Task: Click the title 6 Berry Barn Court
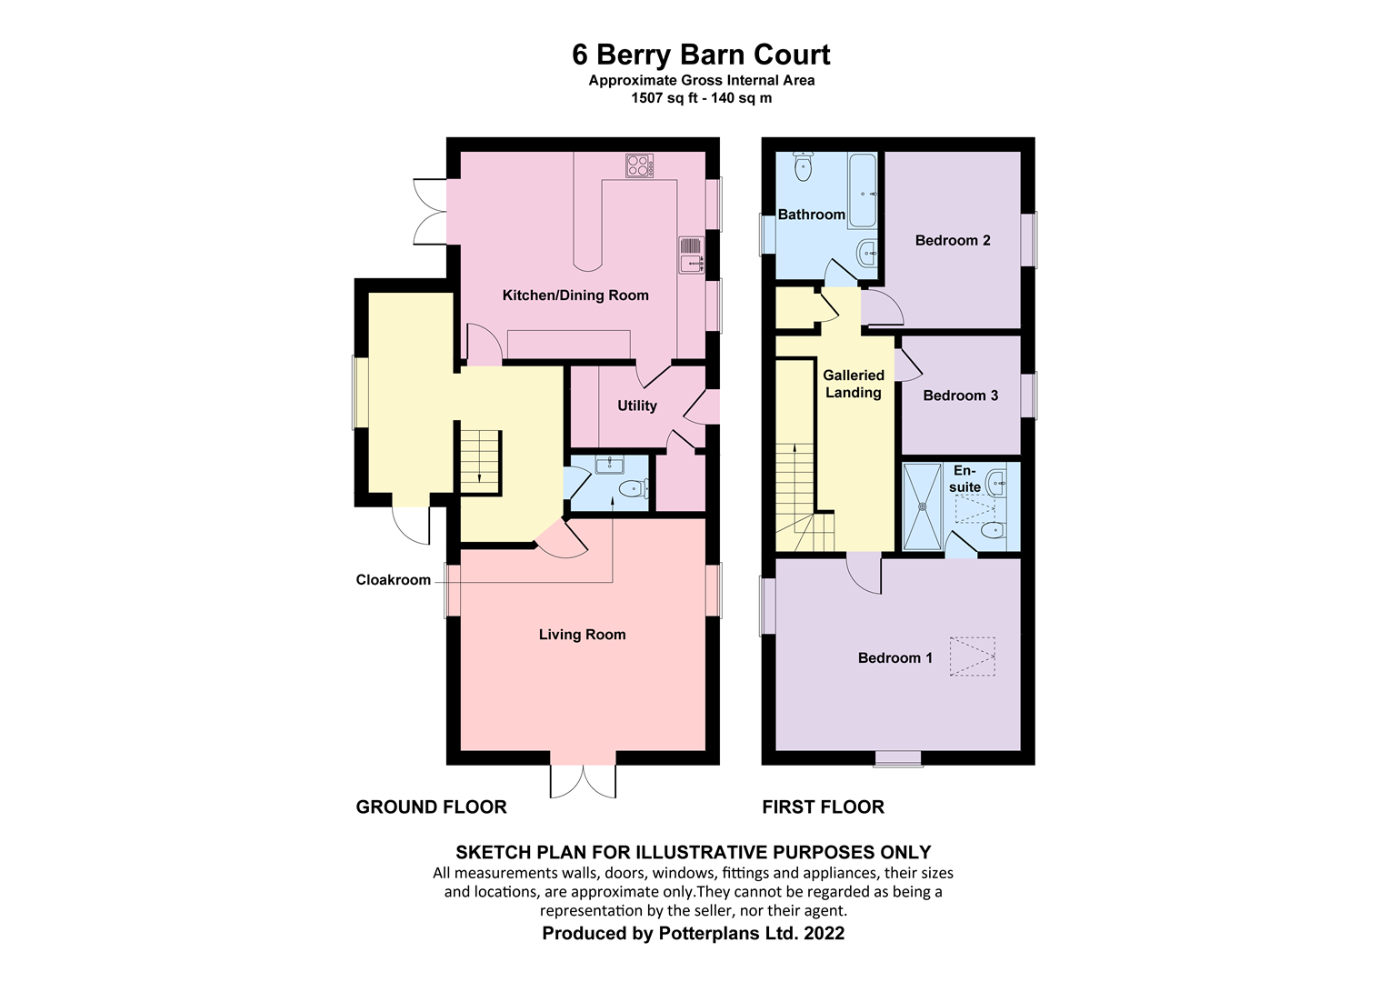700,55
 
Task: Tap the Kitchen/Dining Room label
575,295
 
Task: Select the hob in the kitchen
639,165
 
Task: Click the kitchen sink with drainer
692,255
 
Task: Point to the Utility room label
636,406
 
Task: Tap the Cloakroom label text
393,580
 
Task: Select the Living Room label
582,635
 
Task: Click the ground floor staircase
479,459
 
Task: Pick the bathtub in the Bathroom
863,190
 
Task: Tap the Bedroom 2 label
952,240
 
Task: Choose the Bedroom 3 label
960,396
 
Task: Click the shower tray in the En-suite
924,506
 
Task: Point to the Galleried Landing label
853,384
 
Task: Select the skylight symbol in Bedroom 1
973,656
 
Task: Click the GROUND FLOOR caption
431,807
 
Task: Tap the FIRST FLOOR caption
823,807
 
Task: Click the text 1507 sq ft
664,98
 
